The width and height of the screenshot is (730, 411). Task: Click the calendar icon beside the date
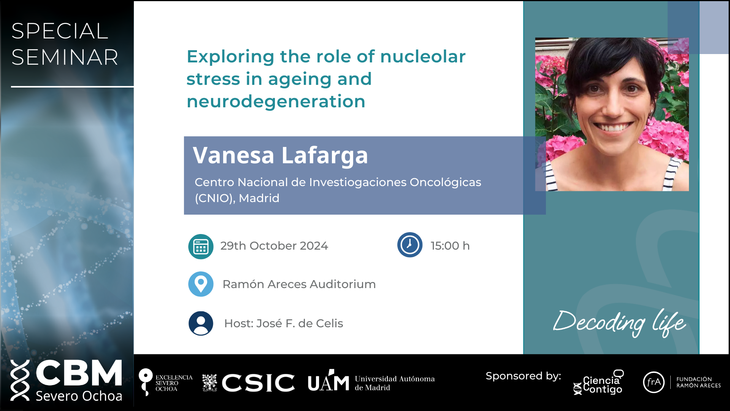point(201,247)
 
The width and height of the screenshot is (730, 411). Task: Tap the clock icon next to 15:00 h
point(410,245)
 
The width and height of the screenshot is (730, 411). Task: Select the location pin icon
point(201,284)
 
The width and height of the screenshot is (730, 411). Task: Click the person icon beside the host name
point(201,323)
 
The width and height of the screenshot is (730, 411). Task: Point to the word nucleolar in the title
point(423,57)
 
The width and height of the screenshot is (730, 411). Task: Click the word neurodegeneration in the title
point(276,102)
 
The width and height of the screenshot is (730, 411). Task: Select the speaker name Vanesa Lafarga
point(280,155)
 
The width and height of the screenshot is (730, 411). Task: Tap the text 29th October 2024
point(274,246)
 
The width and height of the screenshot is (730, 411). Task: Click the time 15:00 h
point(450,246)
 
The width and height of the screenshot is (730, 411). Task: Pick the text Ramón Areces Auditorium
point(299,284)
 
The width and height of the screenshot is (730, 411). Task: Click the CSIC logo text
point(258,382)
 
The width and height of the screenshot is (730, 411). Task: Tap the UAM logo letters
point(328,381)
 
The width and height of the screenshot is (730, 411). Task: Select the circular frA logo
point(654,382)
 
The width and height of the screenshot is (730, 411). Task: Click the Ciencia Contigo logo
point(598,382)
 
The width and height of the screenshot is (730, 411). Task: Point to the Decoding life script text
point(620,323)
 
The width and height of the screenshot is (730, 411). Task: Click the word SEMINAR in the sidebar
point(65,57)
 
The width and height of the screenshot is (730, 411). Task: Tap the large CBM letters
point(79,373)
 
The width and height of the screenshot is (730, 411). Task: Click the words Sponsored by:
point(524,376)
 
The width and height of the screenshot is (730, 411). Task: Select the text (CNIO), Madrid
point(237,198)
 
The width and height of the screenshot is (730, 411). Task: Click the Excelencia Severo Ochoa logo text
point(174,383)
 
